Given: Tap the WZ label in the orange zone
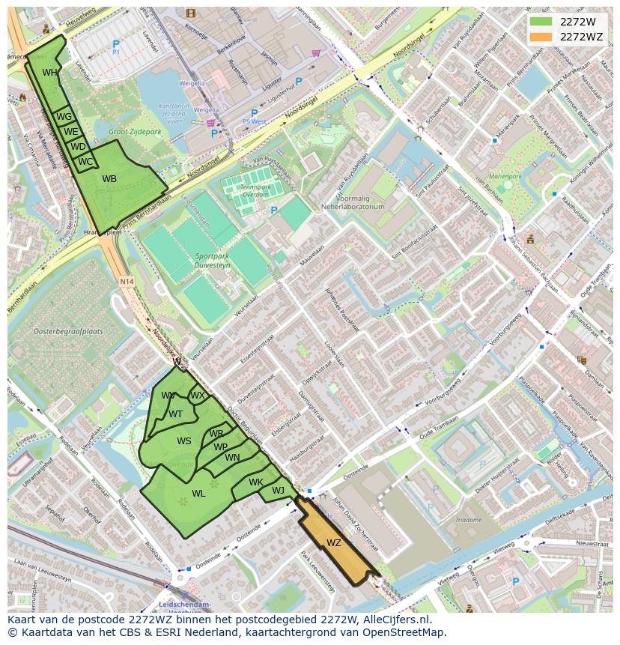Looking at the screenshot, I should (334, 543).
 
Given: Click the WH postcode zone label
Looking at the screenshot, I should (49, 73).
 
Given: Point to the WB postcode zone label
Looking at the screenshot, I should (109, 179).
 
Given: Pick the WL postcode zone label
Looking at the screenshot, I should (198, 494).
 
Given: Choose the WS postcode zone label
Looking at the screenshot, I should (184, 441).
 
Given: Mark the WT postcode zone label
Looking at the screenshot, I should (175, 414).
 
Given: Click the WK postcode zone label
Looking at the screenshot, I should (256, 482).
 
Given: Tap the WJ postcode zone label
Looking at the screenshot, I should (278, 491).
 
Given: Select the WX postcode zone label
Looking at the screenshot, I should (197, 396).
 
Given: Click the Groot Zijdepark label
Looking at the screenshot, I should (135, 132).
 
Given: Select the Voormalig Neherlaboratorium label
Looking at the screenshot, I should (352, 202).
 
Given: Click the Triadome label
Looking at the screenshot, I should (469, 519).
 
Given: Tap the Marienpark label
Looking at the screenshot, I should (504, 177).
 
